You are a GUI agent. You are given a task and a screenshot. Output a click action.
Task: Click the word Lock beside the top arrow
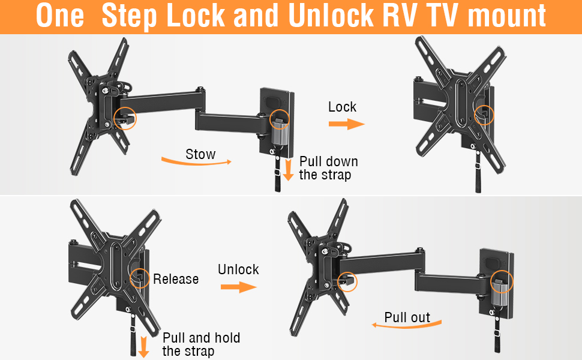coord(342,107)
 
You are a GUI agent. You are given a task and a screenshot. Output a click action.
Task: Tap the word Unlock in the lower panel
coord(238,269)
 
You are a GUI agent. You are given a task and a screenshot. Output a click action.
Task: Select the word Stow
coord(200,154)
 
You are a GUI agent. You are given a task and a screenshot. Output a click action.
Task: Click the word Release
coord(176,279)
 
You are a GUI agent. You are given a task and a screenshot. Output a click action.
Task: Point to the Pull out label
coord(407,317)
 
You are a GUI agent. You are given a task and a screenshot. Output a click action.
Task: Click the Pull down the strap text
coord(328,168)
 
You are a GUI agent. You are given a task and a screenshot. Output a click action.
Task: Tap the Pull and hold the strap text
coord(201,344)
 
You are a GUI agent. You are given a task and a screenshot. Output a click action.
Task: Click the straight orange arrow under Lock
coord(347,124)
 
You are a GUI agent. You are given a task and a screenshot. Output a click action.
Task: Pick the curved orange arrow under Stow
coord(196,161)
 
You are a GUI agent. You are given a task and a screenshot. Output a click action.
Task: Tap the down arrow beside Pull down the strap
coord(289,169)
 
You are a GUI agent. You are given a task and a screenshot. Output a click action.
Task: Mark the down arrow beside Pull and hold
coord(143,346)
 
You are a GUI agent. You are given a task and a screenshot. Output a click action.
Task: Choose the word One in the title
coord(60,16)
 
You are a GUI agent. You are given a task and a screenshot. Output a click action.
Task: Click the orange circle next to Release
coord(140,278)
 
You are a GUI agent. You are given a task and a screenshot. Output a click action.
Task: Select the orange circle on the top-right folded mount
coord(483,113)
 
